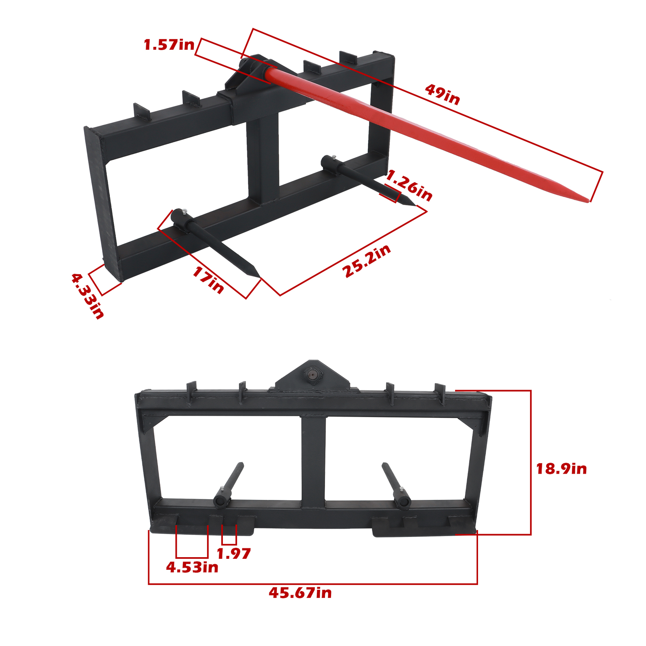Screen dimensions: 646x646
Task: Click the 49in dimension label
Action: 443,95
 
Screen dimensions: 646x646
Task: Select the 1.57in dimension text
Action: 169,45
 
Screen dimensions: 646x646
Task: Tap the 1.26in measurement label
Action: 409,185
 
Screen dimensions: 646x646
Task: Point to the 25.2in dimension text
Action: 367,261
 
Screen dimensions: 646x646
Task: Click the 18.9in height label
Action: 561,469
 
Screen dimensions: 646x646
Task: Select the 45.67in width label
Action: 300,593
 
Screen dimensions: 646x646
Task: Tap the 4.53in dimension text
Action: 192,567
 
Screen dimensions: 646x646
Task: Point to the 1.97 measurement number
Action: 233,553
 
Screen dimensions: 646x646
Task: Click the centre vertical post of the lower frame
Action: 313,460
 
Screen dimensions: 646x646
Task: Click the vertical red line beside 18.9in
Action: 531,462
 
